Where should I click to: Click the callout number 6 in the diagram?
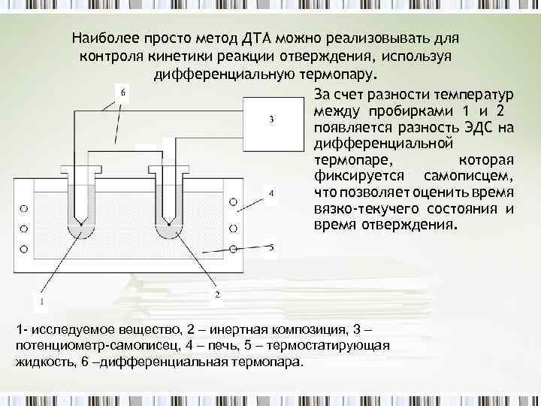tap(123, 92)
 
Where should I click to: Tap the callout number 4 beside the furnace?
tap(270, 194)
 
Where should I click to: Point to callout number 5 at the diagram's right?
tap(271, 247)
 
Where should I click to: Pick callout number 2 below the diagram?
tap(217, 295)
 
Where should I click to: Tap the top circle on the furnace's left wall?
tap(24, 207)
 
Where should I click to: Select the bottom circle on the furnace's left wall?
tap(24, 248)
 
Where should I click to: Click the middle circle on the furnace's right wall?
tap(234, 224)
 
